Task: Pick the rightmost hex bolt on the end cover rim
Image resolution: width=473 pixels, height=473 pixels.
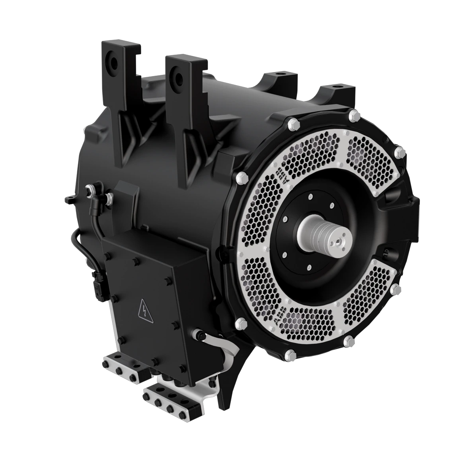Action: [400, 153]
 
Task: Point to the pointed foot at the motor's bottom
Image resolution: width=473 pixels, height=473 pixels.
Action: [223, 400]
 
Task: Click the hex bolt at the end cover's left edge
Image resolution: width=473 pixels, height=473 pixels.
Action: [239, 178]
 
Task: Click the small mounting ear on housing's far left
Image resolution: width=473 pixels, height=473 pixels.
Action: [70, 198]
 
